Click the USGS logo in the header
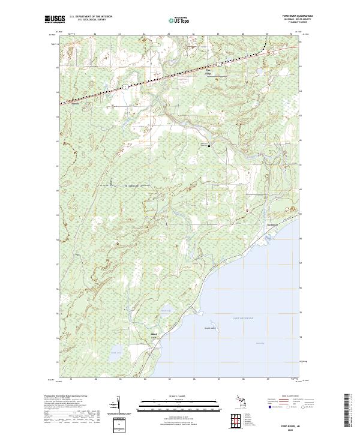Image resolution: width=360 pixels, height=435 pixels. (55, 20)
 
